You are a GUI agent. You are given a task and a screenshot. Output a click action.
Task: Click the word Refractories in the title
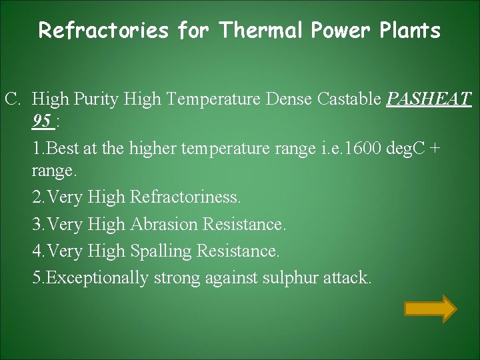tap(103, 31)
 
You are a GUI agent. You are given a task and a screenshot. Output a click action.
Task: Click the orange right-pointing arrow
tap(431, 309)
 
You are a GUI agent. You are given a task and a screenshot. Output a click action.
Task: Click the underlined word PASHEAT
tap(429, 100)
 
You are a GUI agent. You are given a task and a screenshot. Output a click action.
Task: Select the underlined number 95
tap(42, 122)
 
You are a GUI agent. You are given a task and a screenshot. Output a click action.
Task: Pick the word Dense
tap(289, 100)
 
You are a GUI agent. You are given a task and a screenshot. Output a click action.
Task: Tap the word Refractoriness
tap(186, 197)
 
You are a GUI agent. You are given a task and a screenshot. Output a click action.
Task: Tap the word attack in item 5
tap(347, 277)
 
